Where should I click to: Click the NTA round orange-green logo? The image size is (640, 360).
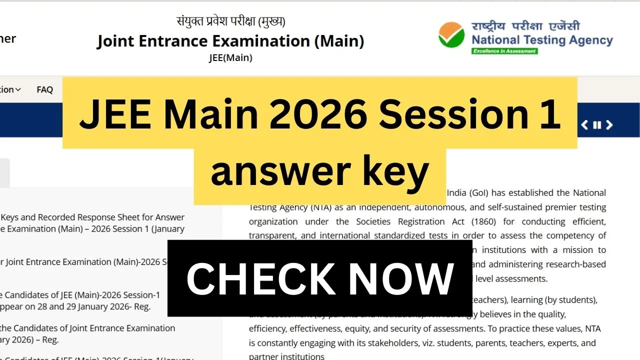[x=451, y=34]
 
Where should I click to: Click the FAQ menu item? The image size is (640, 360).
[x=44, y=90]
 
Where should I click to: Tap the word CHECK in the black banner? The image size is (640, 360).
[x=260, y=278]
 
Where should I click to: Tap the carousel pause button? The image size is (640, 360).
[x=597, y=125]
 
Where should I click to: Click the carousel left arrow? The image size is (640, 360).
[x=584, y=125]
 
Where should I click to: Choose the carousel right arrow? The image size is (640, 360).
[x=609, y=125]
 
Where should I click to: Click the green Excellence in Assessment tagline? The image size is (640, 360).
[x=504, y=51]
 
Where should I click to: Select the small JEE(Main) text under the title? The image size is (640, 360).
[x=230, y=58]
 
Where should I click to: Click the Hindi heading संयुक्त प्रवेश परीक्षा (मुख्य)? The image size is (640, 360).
[x=230, y=21]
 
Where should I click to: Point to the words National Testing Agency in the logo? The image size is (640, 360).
[x=542, y=40]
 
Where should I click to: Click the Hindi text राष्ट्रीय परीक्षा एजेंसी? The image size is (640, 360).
[x=525, y=26]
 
